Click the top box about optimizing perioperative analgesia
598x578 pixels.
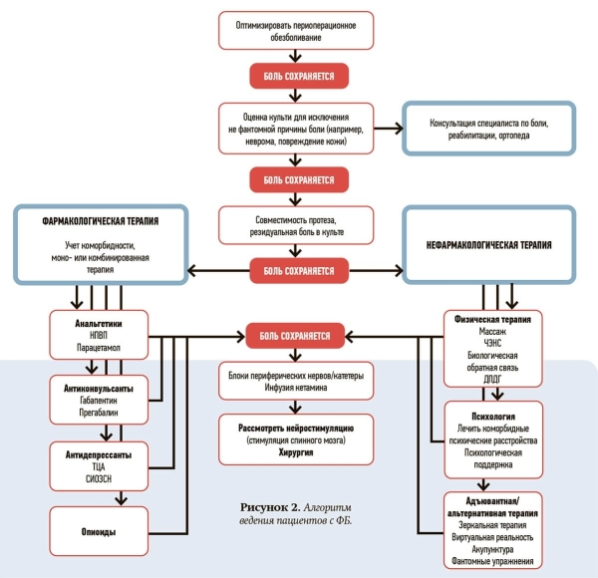click(x=296, y=30)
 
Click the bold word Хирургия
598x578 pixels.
click(x=295, y=451)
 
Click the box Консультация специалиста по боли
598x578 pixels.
click(x=489, y=128)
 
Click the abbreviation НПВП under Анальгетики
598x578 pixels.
click(x=87, y=338)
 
